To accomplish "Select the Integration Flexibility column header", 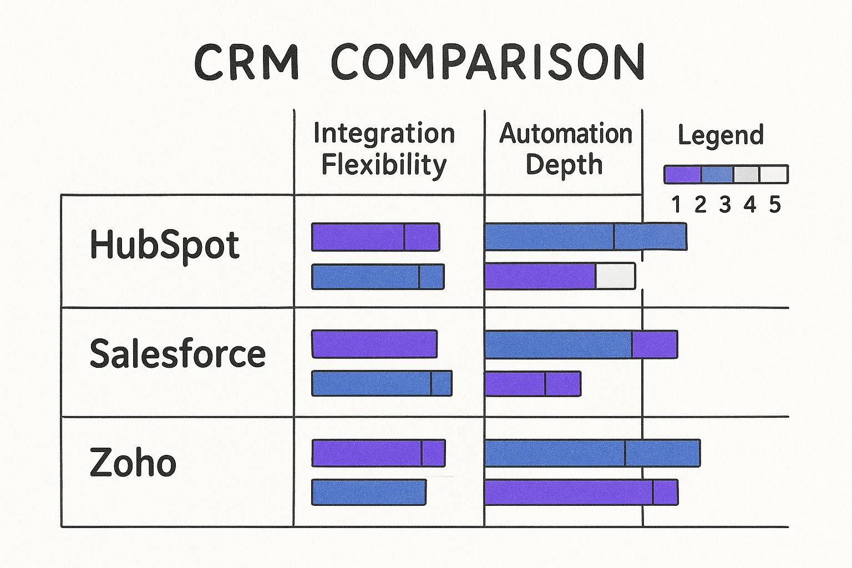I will [384, 149].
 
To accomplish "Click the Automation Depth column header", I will [565, 149].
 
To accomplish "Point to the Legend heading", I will [721, 135].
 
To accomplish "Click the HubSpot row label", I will [164, 245].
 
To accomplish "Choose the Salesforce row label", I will [177, 354].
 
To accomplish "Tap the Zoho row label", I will [133, 463].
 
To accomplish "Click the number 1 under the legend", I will [676, 205].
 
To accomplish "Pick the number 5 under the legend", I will [775, 205].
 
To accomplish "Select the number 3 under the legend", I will [725, 205].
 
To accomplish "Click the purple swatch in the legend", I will [683, 174].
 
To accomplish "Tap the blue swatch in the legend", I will [717, 174].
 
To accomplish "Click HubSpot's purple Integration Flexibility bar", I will [376, 237].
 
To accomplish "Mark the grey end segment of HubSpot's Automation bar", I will [615, 276].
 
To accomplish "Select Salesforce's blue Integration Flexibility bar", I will [382, 383].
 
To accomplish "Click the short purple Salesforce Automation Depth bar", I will [532, 383].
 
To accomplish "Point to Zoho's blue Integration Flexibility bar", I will [369, 492].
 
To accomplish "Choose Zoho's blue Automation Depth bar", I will [592, 453].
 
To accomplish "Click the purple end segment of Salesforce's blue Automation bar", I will [655, 344].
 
